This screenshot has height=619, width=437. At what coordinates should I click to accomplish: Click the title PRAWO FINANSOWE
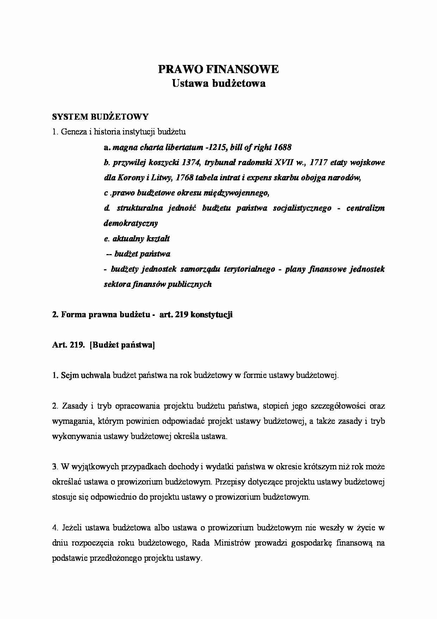click(218, 70)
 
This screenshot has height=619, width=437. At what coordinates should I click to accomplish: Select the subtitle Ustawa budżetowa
click(218, 84)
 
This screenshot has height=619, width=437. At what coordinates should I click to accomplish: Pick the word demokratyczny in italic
click(131, 223)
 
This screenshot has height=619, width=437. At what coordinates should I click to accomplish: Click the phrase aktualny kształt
click(141, 239)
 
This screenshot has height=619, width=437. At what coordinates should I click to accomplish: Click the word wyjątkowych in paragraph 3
click(90, 467)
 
